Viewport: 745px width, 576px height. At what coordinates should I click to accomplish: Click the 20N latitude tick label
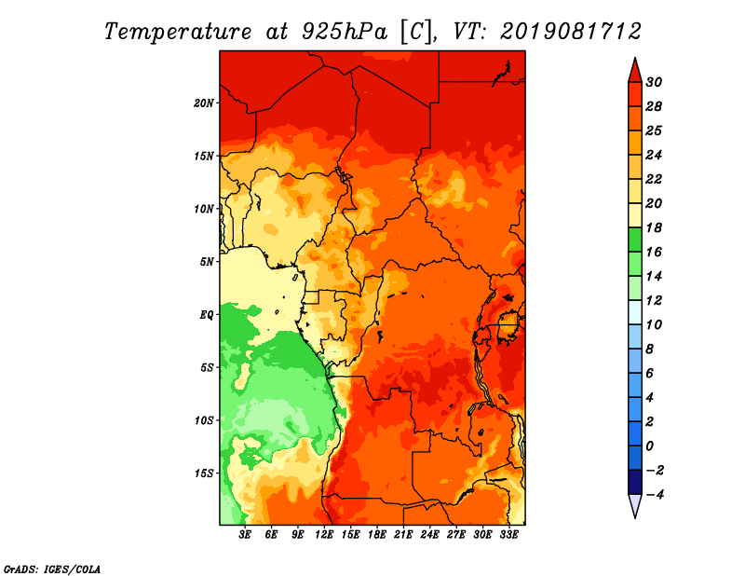click(203, 103)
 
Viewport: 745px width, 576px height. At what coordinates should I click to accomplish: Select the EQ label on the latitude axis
click(206, 315)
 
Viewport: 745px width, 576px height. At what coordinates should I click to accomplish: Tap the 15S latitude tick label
click(204, 473)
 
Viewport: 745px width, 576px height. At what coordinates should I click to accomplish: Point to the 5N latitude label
click(206, 262)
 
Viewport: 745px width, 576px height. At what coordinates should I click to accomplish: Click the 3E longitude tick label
click(245, 535)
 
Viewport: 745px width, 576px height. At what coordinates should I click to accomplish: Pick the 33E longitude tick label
click(508, 535)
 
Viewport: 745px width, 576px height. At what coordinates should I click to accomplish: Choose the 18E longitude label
click(377, 535)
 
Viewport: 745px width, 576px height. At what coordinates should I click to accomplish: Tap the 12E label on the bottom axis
click(324, 535)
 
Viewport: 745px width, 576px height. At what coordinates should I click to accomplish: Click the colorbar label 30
click(654, 82)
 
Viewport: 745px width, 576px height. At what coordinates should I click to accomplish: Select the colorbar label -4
click(655, 495)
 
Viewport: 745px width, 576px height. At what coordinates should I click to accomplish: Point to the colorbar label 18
click(654, 227)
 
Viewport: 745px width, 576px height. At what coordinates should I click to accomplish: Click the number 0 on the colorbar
click(649, 446)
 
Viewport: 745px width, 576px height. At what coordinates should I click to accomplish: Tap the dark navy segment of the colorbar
click(635, 482)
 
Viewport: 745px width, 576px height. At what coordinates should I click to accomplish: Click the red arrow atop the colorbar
click(635, 71)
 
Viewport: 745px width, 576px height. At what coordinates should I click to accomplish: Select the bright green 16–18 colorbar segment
click(635, 240)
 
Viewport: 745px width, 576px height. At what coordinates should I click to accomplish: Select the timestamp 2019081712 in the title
click(571, 32)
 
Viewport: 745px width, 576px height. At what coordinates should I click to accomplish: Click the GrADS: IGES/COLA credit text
click(52, 569)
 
